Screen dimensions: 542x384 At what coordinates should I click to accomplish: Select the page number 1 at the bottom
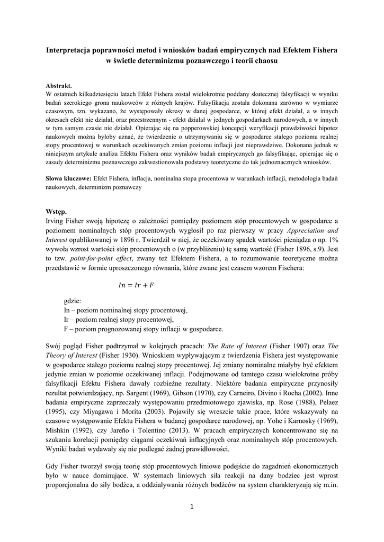point(192,507)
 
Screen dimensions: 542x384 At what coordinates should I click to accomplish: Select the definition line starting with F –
point(143,329)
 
